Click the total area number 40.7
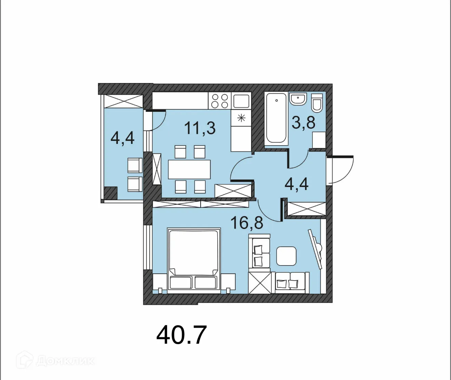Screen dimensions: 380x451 click(x=181, y=335)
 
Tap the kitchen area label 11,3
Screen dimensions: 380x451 click(x=200, y=128)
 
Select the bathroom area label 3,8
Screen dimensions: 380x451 click(x=303, y=122)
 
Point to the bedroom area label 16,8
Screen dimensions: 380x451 click(x=247, y=223)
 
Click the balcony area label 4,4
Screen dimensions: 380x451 click(x=122, y=138)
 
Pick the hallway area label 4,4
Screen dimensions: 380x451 click(x=297, y=184)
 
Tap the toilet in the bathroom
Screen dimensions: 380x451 click(x=317, y=103)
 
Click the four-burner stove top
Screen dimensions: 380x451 click(x=219, y=101)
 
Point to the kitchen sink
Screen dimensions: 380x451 click(x=241, y=101)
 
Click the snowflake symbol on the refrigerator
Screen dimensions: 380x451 click(x=241, y=118)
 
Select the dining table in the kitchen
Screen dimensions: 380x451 click(x=189, y=169)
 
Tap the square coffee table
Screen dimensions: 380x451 click(x=286, y=256)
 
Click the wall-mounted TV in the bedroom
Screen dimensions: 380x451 click(x=315, y=249)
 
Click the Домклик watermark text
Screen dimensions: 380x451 click(x=65, y=361)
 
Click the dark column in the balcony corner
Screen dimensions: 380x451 click(x=110, y=193)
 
